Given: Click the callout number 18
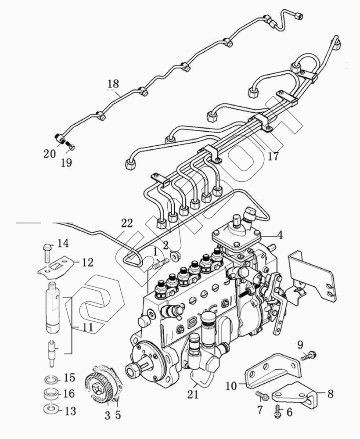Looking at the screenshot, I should (x=113, y=83).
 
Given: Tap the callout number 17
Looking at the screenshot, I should (x=273, y=156).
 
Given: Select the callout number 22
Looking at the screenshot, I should (x=126, y=223).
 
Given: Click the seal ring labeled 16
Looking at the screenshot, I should (x=51, y=393).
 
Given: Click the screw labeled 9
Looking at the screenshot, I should (x=310, y=354).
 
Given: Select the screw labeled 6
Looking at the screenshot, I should (x=278, y=410).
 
